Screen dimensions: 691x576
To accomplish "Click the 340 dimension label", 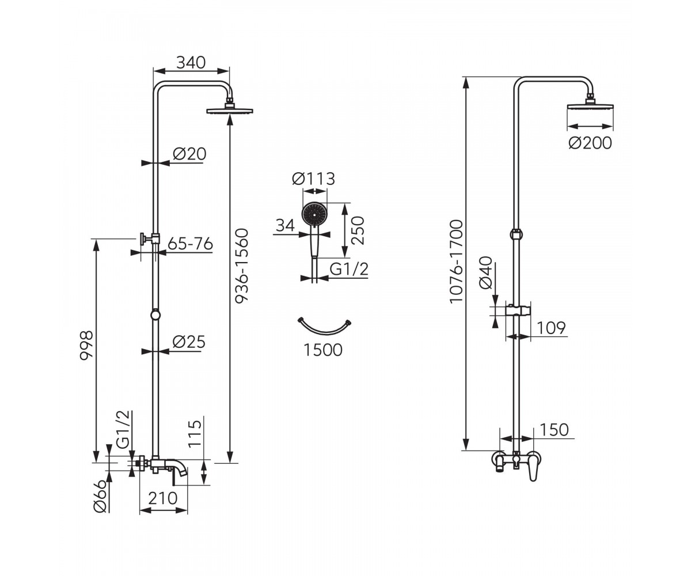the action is pyautogui.click(x=191, y=63).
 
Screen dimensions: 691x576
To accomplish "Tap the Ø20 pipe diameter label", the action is pyautogui.click(x=189, y=154).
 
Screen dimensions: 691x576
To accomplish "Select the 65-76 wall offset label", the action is pyautogui.click(x=190, y=244).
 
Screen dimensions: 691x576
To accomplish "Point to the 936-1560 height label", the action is pyautogui.click(x=241, y=266).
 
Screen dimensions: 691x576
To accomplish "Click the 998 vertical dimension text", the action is pyautogui.click(x=87, y=346).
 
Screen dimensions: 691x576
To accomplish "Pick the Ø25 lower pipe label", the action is pyautogui.click(x=189, y=342).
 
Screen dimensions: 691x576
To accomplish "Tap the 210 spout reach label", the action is pyautogui.click(x=162, y=498).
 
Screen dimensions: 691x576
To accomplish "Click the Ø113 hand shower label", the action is pyautogui.click(x=313, y=179).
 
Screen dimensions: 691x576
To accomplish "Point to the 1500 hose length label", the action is pyautogui.click(x=323, y=350).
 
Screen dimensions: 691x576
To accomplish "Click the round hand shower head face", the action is pyautogui.click(x=314, y=214).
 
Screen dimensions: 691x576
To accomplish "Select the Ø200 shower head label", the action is pyautogui.click(x=590, y=143).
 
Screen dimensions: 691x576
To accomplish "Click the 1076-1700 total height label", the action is pyautogui.click(x=456, y=262).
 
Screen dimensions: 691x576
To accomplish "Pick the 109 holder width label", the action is pyautogui.click(x=551, y=328).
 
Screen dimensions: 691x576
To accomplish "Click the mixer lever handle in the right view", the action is pyautogui.click(x=533, y=468).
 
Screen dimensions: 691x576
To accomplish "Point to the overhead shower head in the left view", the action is pyautogui.click(x=230, y=111).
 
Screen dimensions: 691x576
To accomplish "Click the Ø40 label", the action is pyautogui.click(x=485, y=273).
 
